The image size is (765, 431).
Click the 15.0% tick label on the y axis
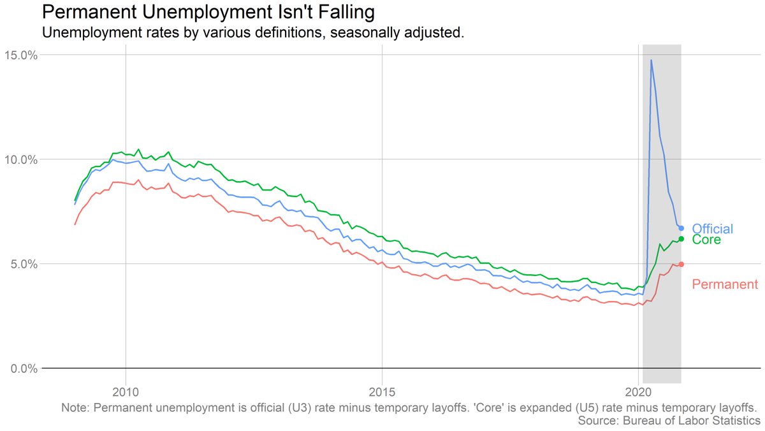click(21, 55)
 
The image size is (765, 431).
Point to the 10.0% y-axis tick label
click(21, 159)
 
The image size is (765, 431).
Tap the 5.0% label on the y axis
click(24, 264)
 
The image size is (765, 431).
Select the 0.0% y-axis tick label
click(24, 369)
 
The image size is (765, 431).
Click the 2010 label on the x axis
click(126, 390)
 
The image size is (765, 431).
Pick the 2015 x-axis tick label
click(382, 390)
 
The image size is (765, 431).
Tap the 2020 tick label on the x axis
click(639, 390)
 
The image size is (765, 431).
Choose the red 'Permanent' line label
click(725, 284)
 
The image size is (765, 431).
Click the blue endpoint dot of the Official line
click(681, 228)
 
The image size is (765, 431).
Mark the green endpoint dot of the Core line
click(681, 239)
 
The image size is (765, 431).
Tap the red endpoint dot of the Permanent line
click(681, 264)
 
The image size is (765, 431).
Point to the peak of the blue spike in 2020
click(651, 61)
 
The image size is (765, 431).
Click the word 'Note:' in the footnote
click(76, 407)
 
